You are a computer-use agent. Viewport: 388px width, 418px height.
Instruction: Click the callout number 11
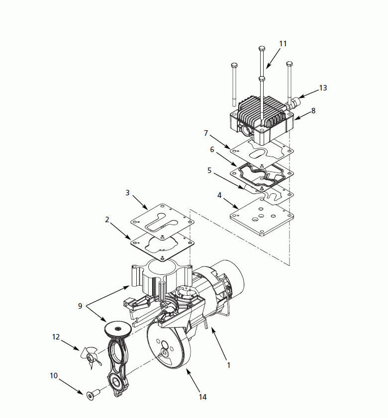(283, 44)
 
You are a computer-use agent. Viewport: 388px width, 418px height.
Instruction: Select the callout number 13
(323, 88)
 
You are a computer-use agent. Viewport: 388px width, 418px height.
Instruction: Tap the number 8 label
(313, 110)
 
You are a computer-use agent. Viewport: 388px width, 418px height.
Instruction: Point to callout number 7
(206, 133)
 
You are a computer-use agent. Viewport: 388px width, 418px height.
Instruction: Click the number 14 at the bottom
(203, 397)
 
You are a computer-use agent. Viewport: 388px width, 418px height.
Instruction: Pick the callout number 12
(56, 337)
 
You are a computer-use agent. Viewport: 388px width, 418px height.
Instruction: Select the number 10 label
(54, 376)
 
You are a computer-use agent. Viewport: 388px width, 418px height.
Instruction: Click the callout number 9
(80, 306)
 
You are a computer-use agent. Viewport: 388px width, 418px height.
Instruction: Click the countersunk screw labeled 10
(93, 395)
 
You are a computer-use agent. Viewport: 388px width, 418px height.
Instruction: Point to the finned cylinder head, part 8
(262, 120)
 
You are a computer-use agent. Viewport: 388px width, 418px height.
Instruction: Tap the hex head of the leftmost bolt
(234, 66)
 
